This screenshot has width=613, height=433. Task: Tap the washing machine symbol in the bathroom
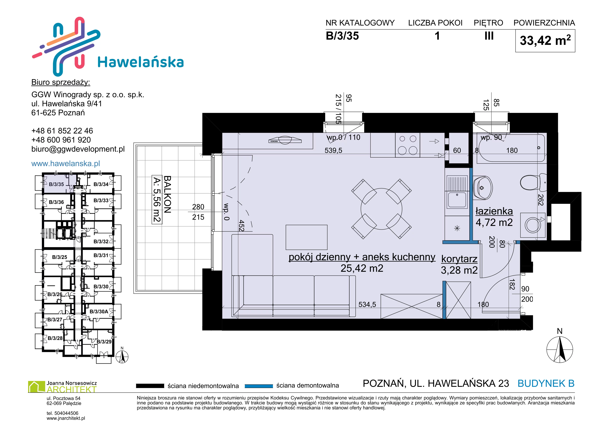[x=533, y=225]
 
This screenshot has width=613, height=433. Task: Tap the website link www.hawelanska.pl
[x=66, y=163]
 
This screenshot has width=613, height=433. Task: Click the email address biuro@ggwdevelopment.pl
[x=78, y=149]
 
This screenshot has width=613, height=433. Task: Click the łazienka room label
[x=494, y=211]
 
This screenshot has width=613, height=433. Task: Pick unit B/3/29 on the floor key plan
[x=104, y=342]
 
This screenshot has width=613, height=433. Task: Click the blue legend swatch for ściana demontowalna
[x=259, y=386]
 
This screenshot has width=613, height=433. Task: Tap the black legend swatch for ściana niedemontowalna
[x=150, y=386]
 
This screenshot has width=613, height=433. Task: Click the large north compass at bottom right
[x=560, y=349]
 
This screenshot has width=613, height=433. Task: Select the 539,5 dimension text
[x=333, y=150]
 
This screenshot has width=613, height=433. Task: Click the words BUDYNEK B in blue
[x=546, y=383]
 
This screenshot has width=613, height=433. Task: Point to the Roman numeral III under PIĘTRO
[x=489, y=36]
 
